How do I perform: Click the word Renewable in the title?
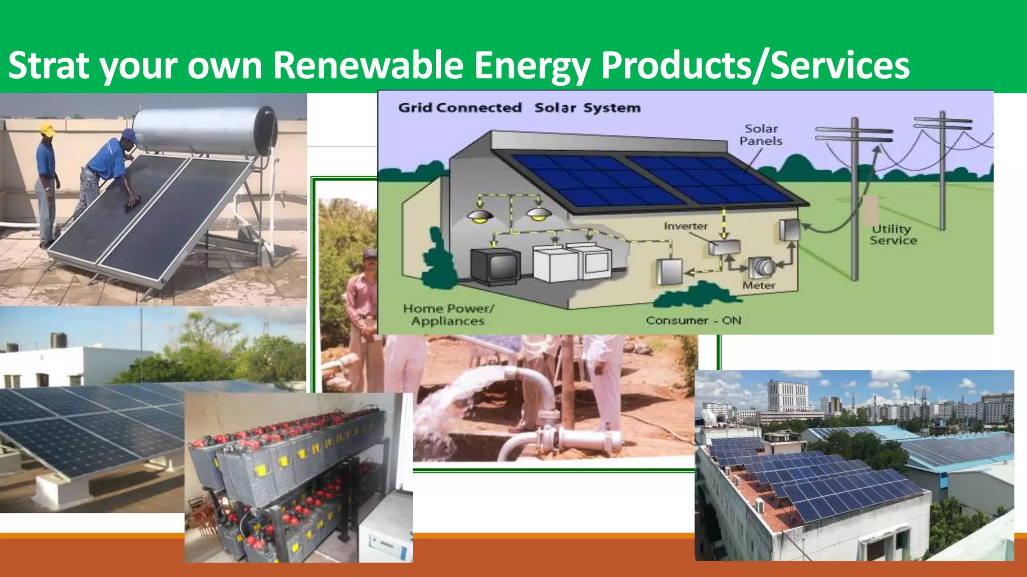tap(368, 65)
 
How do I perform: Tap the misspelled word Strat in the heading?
tap(49, 65)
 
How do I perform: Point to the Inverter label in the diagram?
tap(686, 226)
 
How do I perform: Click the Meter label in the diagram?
tap(759, 285)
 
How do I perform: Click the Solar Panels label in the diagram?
tap(761, 135)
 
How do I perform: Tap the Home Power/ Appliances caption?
tap(448, 315)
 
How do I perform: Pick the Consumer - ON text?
tap(693, 321)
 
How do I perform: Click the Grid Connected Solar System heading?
tap(519, 108)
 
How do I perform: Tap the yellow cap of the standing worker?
tap(47, 129)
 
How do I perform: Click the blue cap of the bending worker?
tap(129, 135)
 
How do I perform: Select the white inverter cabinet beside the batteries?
tap(386, 536)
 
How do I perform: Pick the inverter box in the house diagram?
tap(724, 247)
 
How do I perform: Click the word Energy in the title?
tap(532, 65)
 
